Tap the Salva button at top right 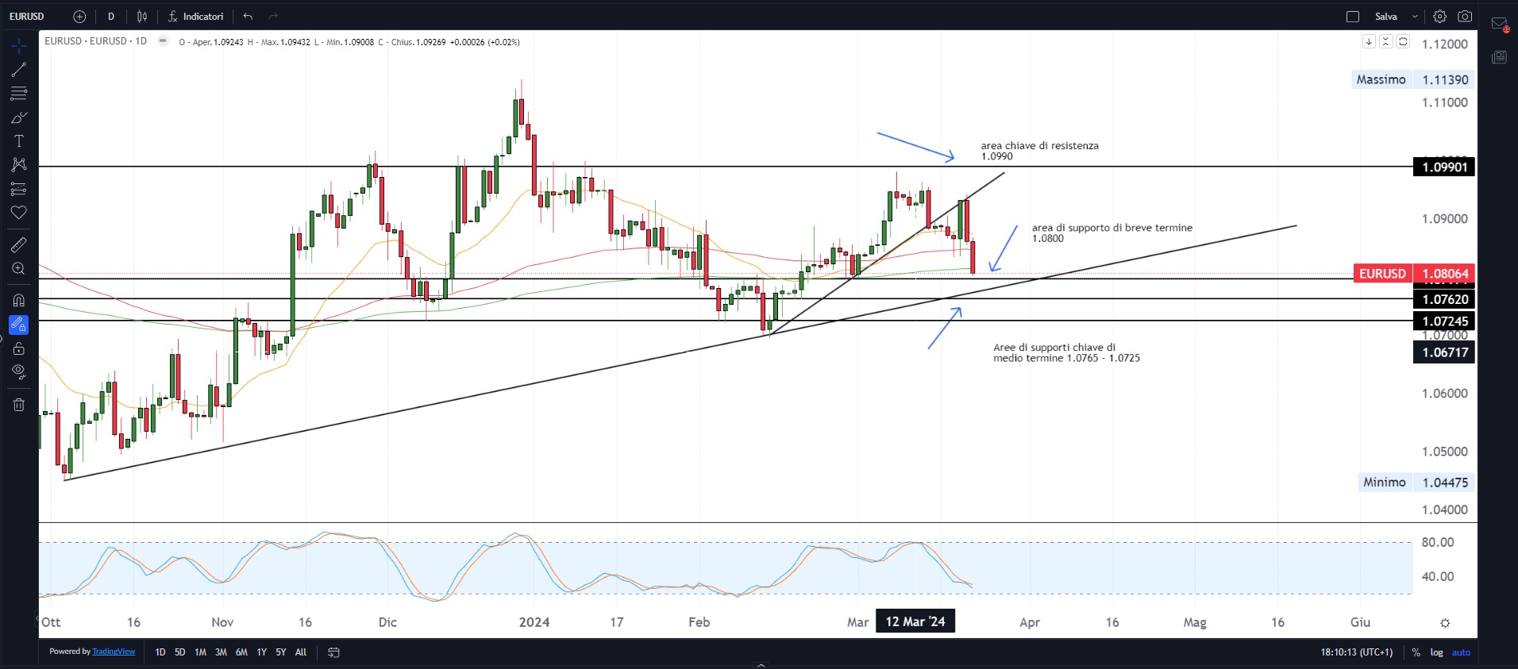click(1385, 17)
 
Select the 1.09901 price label click(1444, 167)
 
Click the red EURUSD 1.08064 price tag click(1413, 274)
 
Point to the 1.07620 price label click(1444, 299)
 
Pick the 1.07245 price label click(1444, 321)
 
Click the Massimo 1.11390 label click(1412, 79)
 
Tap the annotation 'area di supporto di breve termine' click(1112, 228)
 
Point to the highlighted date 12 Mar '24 click(915, 621)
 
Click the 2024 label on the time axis click(534, 622)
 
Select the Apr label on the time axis click(1029, 622)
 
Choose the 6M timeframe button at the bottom click(241, 652)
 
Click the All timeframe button click(301, 652)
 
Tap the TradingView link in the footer click(114, 652)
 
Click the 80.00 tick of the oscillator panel click(1437, 543)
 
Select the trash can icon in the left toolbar click(19, 405)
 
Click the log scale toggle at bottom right click(1436, 652)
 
